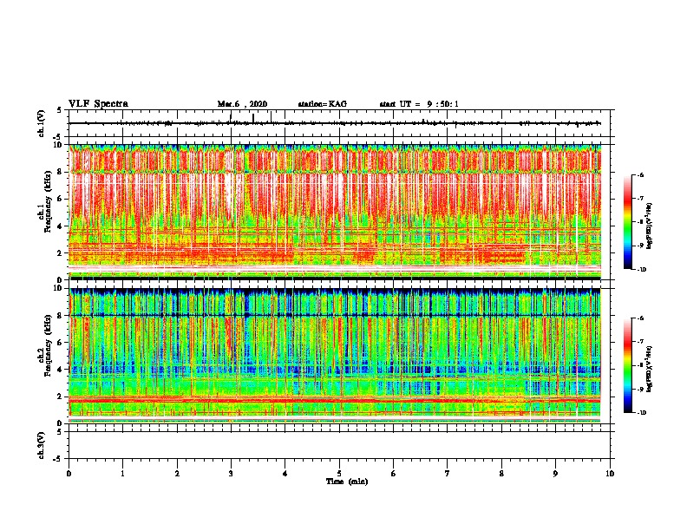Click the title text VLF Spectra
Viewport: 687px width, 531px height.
pyautogui.click(x=98, y=103)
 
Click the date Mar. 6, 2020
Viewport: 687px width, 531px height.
pyautogui.click(x=242, y=104)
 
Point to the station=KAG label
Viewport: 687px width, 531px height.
pyautogui.click(x=322, y=104)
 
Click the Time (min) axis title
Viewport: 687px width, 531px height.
pyautogui.click(x=346, y=481)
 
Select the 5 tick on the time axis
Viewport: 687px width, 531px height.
pyautogui.click(x=340, y=473)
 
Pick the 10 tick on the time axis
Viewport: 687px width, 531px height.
pyautogui.click(x=611, y=473)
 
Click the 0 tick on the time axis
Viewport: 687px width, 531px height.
pyautogui.click(x=69, y=473)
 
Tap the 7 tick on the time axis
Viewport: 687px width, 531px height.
pyautogui.click(x=448, y=473)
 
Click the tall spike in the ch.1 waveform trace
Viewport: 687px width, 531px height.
pyautogui.click(x=252, y=118)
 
